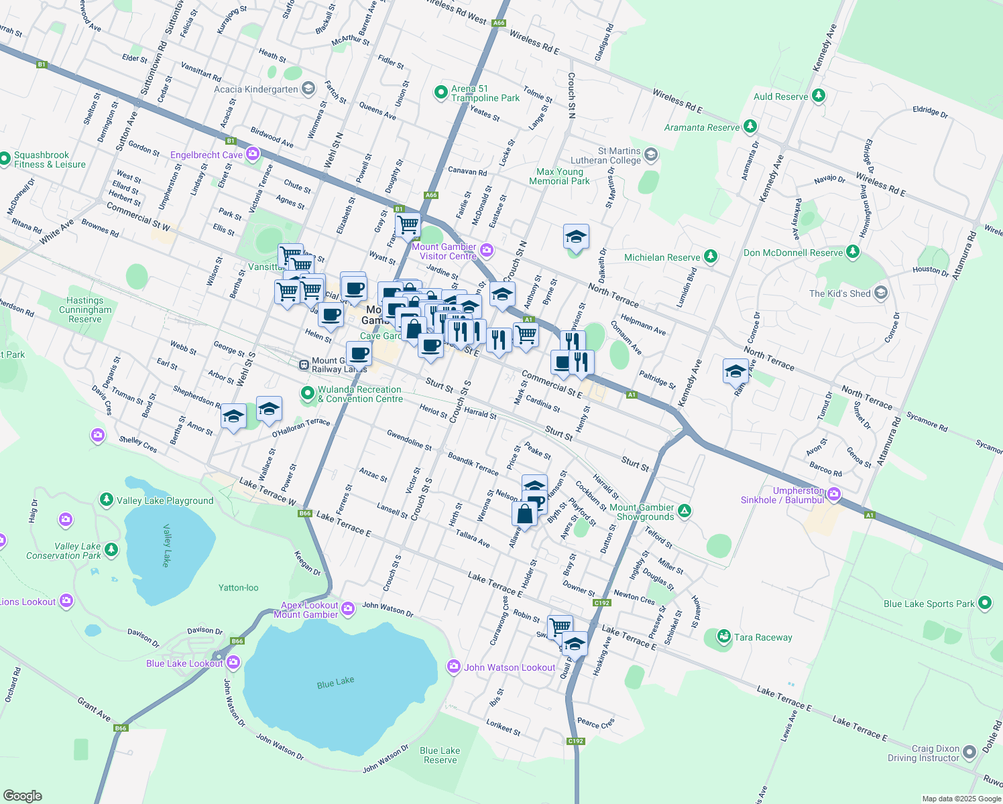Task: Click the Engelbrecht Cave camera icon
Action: click(x=253, y=155)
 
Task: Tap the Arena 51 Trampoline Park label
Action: click(x=485, y=93)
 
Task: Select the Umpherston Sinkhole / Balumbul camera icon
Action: click(x=834, y=495)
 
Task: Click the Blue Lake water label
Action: click(x=335, y=682)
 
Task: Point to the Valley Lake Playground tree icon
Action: click(x=106, y=500)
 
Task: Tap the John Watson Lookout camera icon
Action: click(x=454, y=667)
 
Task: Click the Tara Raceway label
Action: click(x=762, y=637)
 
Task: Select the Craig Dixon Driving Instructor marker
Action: click(x=969, y=753)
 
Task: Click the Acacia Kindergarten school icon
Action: click(x=308, y=88)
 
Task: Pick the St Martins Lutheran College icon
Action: click(x=650, y=155)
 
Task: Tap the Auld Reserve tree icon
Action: click(x=818, y=96)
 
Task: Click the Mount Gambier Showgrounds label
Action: click(x=642, y=512)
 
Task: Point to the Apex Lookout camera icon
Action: click(x=348, y=608)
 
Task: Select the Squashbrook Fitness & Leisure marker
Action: click(x=6, y=159)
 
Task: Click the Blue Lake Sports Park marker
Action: click(x=985, y=603)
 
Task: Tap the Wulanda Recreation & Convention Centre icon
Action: click(x=308, y=393)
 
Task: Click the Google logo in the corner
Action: click(x=22, y=796)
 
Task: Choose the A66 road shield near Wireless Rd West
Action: click(x=498, y=23)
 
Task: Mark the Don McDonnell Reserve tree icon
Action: click(x=852, y=252)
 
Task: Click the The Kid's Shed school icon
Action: click(x=881, y=293)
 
